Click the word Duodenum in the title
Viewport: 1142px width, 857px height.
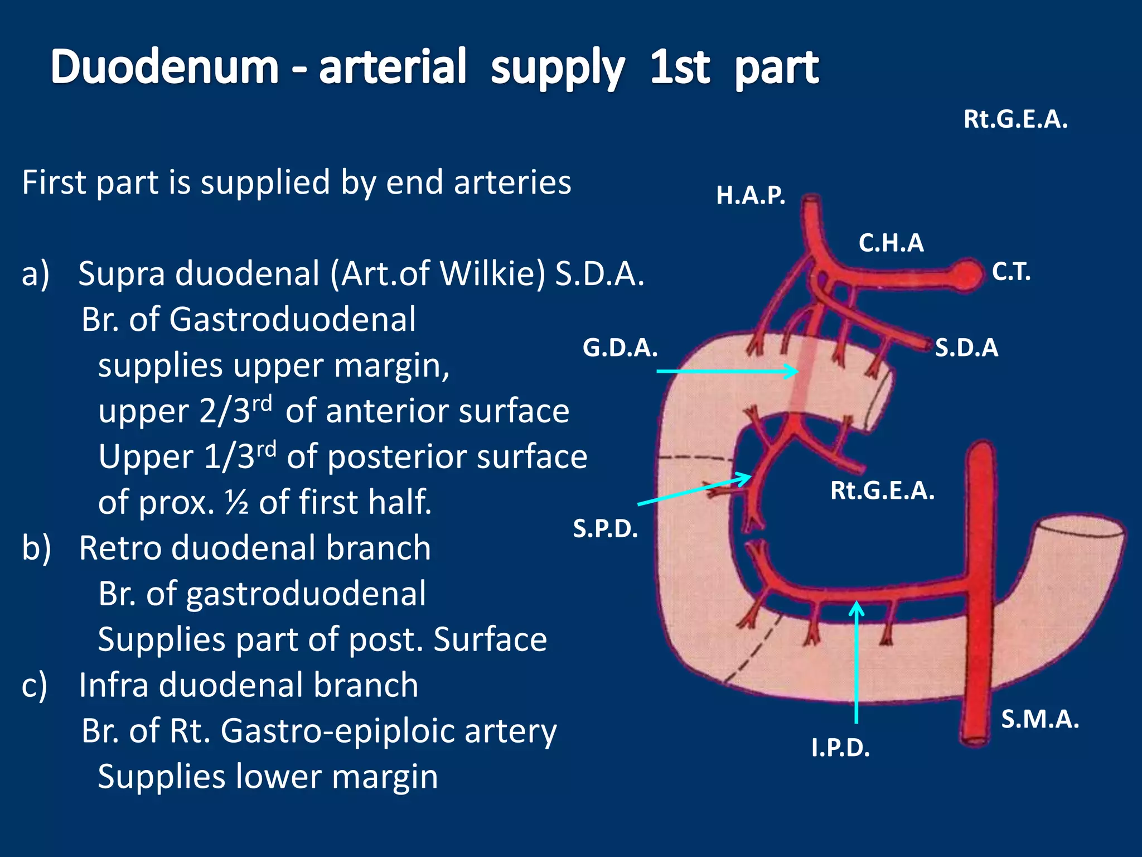coord(164,67)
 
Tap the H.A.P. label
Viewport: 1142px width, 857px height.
coord(751,195)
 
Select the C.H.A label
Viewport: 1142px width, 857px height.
coord(891,243)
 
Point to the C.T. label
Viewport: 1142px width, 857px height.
coord(1011,272)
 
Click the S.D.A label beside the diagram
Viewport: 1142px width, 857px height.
coord(966,348)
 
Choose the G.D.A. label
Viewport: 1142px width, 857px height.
coord(620,348)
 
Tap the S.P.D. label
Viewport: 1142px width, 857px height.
coord(605,528)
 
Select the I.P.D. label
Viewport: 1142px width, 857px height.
coord(840,748)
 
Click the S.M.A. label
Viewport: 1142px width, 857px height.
coord(1040,719)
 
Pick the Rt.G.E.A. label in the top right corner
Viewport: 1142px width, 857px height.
coord(1015,119)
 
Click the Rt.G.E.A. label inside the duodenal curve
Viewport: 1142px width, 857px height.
coord(882,491)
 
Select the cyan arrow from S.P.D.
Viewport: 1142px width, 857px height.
coord(694,490)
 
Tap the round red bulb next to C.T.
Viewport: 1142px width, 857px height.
coord(969,273)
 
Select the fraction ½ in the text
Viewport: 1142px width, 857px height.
coord(237,502)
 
